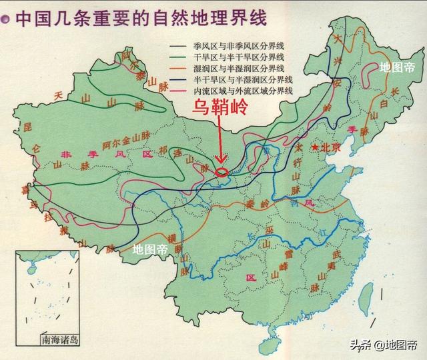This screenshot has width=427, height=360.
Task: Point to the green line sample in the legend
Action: [179, 59]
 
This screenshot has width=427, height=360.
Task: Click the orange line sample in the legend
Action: [179, 69]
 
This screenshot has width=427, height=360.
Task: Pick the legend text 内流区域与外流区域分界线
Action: [243, 90]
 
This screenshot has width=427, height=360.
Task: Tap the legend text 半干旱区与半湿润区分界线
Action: [243, 79]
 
